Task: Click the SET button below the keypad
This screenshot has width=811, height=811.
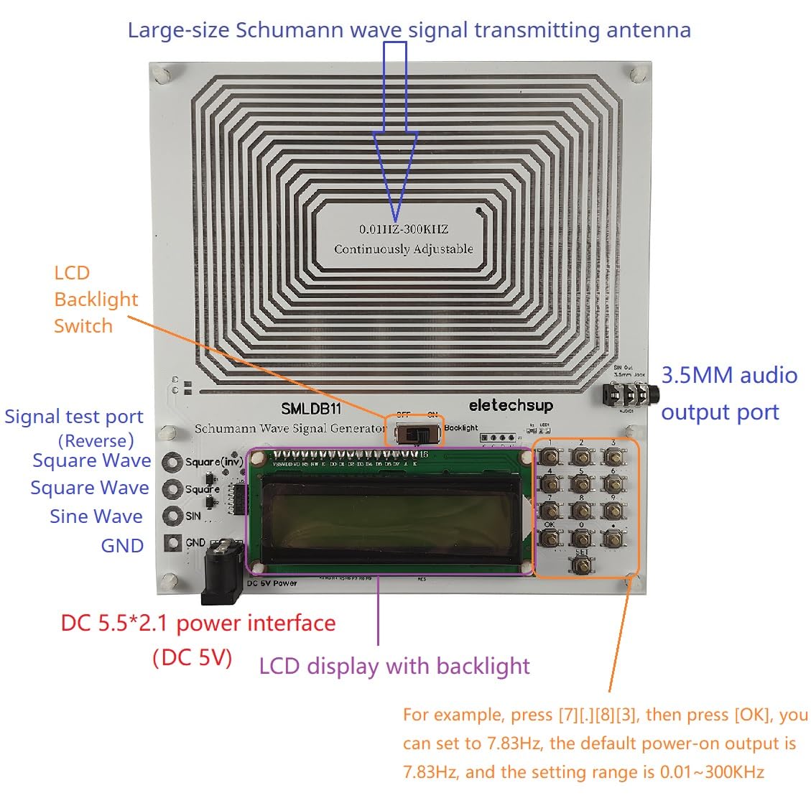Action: (582, 565)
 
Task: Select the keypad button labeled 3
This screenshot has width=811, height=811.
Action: (612, 456)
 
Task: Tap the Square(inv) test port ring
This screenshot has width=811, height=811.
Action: (172, 462)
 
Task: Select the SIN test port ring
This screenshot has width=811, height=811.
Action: (172, 515)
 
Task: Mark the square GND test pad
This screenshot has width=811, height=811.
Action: (172, 543)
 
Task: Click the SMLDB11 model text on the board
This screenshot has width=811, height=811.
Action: (311, 409)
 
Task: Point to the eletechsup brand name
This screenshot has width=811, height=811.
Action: (511, 405)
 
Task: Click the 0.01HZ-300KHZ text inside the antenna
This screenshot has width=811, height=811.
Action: (404, 229)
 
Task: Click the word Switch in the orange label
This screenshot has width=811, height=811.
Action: (83, 326)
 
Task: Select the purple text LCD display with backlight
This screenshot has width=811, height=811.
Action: (394, 666)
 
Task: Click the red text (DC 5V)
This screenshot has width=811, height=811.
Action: (193, 657)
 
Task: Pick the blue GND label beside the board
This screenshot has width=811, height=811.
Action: (122, 545)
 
